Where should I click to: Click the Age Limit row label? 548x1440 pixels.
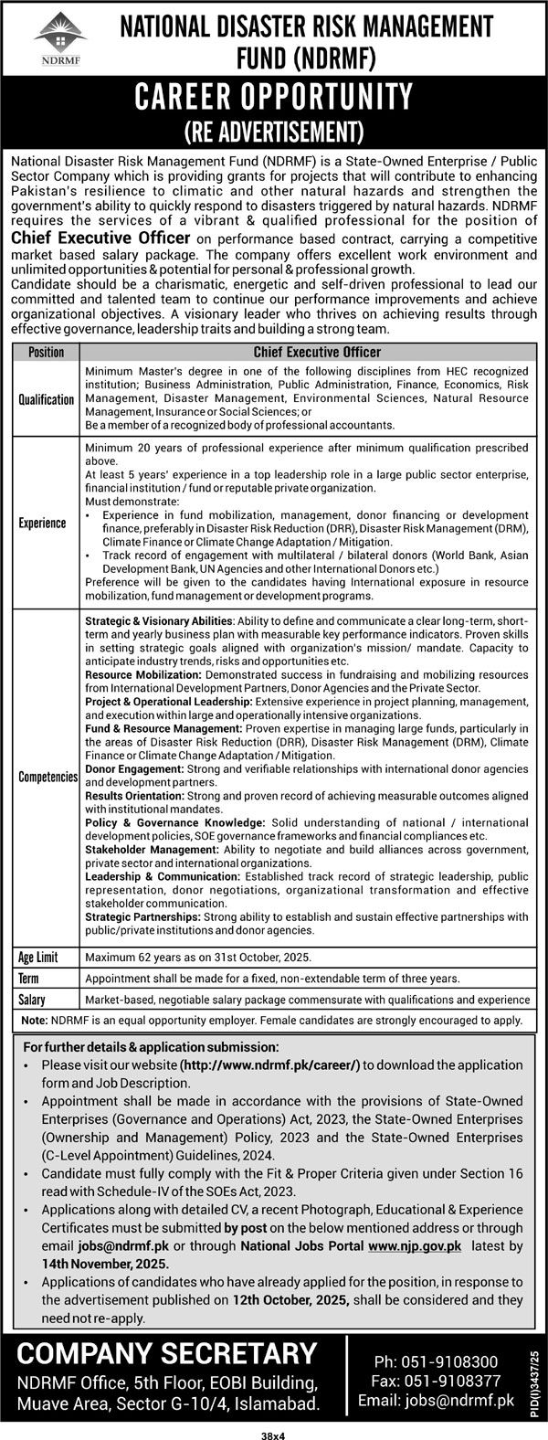click(39, 957)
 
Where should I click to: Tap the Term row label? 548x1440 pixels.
click(29, 978)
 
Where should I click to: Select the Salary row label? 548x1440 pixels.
click(32, 1000)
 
